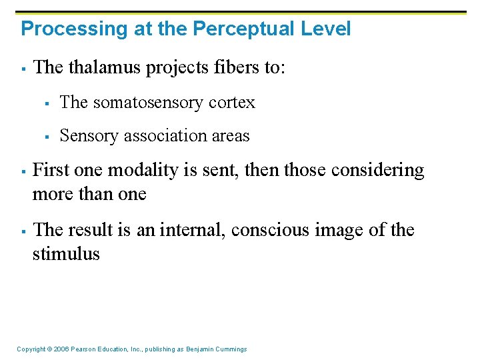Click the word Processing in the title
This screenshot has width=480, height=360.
tap(61, 29)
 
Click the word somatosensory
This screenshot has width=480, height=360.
tap(148, 102)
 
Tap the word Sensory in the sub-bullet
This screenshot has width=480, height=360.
tap(84, 136)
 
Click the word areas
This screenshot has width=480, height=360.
tap(228, 136)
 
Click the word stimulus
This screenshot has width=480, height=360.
tap(66, 254)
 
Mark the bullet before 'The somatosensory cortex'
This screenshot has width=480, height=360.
tap(47, 103)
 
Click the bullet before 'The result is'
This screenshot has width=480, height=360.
tap(23, 231)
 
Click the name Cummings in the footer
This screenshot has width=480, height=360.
tap(231, 349)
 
